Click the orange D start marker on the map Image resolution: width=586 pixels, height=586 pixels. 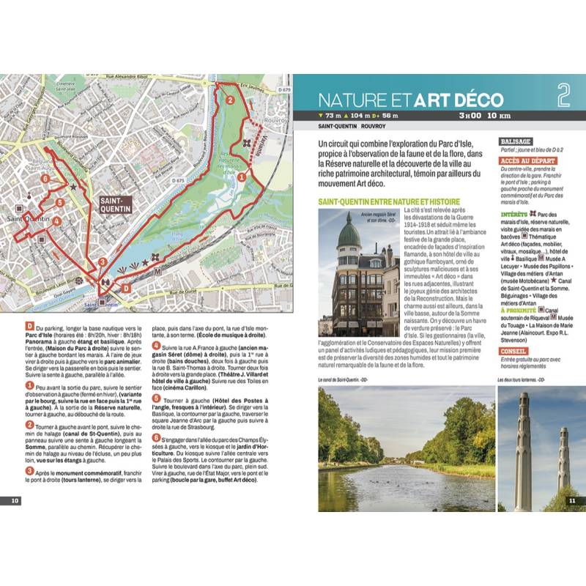tap(125, 289)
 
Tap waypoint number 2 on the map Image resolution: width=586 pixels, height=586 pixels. tap(229, 101)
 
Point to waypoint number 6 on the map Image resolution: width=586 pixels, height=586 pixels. tap(45, 178)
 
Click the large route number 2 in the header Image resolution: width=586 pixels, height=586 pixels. tap(563, 94)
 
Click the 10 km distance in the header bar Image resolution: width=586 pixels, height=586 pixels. tap(498, 116)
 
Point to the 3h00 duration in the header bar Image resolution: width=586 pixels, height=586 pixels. tap(469, 116)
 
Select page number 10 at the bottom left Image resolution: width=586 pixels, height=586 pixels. tap(15, 500)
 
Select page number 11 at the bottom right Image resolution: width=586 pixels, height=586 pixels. tap(572, 500)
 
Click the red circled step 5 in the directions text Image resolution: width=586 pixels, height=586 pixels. tap(155, 398)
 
